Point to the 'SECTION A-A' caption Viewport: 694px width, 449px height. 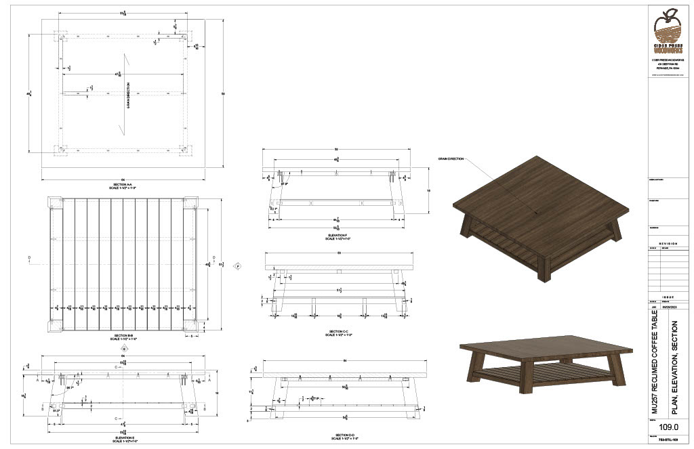pyautogui.click(x=123, y=185)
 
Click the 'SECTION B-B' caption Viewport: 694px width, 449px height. pyautogui.click(x=123, y=337)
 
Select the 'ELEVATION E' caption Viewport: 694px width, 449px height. pyautogui.click(x=123, y=439)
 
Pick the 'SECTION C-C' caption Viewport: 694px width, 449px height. pyautogui.click(x=337, y=333)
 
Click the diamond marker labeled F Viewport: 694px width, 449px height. pyautogui.click(x=238, y=266)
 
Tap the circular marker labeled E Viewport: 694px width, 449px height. pyautogui.click(x=123, y=348)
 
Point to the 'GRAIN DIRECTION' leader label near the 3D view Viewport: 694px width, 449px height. pyautogui.click(x=451, y=158)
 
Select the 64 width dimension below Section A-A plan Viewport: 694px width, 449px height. pyautogui.click(x=123, y=178)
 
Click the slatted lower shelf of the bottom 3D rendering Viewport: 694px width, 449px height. pyautogui.click(x=535, y=375)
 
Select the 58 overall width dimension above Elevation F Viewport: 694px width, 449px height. pyautogui.click(x=337, y=150)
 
